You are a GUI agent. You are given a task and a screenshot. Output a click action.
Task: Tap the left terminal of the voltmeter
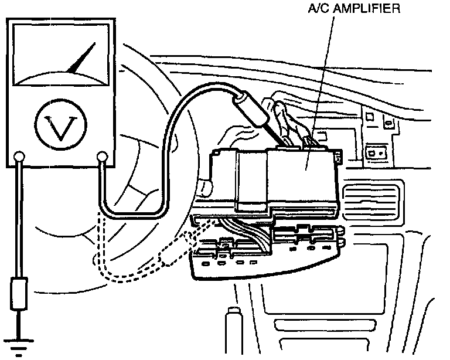(20, 157)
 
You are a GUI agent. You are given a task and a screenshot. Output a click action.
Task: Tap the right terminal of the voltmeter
(103, 157)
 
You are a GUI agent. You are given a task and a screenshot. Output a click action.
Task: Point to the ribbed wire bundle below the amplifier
(246, 226)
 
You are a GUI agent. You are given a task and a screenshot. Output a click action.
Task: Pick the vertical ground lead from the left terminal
(20, 223)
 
